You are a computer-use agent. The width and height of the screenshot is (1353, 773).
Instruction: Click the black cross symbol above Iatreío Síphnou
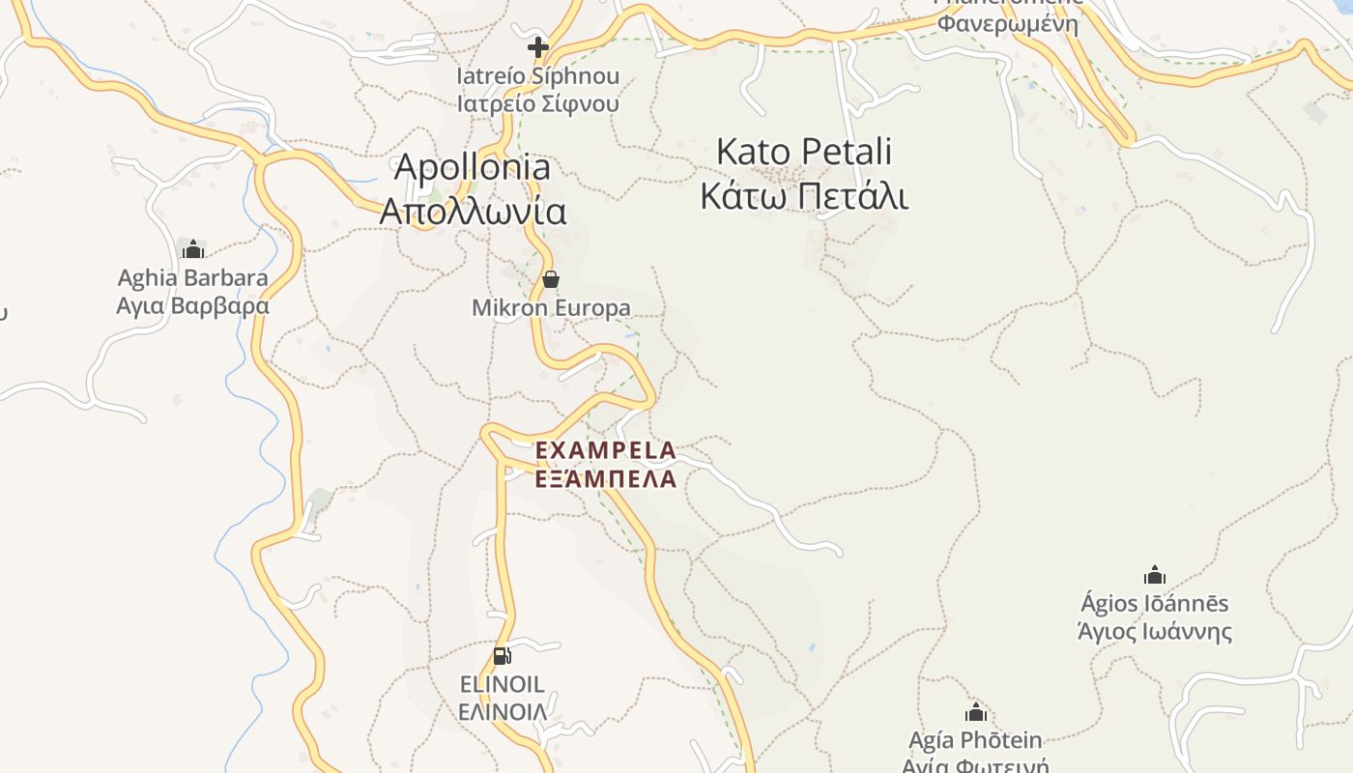[538, 46]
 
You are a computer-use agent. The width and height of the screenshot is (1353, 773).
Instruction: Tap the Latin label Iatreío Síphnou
[538, 75]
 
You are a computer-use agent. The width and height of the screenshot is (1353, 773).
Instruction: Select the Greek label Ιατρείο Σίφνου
[538, 103]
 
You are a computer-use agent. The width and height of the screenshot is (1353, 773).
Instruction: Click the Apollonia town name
[473, 167]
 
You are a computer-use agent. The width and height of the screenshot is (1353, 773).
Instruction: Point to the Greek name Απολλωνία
[473, 211]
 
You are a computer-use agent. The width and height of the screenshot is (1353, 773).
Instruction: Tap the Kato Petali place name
[804, 152]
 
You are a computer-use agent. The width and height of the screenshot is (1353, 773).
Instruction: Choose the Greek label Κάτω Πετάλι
[804, 196]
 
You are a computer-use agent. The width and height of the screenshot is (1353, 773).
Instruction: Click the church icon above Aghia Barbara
[193, 249]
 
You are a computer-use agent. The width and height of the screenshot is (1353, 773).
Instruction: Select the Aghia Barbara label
[193, 278]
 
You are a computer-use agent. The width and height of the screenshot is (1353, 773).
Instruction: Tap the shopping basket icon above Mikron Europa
[551, 280]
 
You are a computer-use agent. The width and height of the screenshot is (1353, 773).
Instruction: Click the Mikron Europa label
[551, 308]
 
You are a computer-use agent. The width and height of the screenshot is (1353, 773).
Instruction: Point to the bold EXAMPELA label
[606, 450]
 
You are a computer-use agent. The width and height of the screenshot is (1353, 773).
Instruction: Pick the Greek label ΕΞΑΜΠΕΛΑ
[606, 478]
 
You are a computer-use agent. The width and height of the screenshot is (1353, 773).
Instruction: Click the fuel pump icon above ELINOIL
[502, 656]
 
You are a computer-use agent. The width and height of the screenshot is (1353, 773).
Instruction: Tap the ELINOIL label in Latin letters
[502, 685]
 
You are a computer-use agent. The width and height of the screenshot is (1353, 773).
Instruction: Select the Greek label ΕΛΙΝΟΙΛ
[502, 713]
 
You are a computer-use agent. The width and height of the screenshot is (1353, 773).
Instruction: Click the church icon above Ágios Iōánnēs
[1155, 576]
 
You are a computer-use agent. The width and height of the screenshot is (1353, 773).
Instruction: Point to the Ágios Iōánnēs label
[1155, 604]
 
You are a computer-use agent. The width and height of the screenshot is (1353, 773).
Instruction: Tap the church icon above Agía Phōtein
[976, 713]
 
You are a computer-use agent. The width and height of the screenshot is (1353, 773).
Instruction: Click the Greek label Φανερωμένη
[1008, 23]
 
